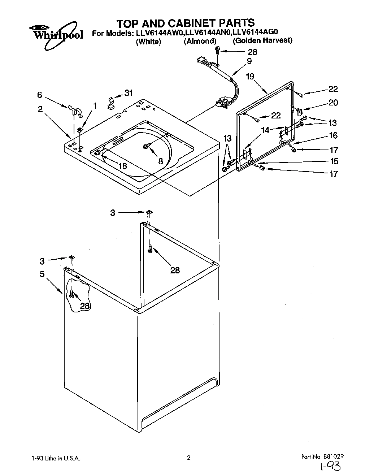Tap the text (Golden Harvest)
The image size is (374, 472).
tap(262, 40)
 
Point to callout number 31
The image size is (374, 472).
tap(128, 93)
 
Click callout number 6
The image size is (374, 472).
tap(39, 95)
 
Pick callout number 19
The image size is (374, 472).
tap(250, 76)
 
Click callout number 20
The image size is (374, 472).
tap(333, 103)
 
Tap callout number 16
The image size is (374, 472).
tap(333, 135)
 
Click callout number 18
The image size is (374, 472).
tap(123, 166)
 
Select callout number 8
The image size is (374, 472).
tap(160, 161)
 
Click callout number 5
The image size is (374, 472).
tap(42, 274)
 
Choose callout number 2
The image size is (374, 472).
tap(40, 109)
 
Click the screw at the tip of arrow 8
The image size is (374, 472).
tap(146, 146)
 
